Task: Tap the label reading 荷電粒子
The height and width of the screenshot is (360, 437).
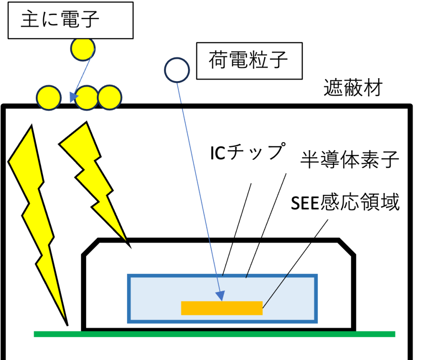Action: [x=248, y=61]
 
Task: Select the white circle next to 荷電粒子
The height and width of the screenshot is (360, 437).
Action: [x=177, y=70]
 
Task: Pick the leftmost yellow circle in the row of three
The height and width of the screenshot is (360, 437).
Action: [x=49, y=98]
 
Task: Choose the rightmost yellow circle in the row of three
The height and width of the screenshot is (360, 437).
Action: [x=110, y=98]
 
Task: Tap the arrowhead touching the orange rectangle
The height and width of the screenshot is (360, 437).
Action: [x=220, y=296]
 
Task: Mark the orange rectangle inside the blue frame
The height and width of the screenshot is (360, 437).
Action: [x=221, y=308]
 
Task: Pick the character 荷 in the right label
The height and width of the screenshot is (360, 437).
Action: [x=217, y=61]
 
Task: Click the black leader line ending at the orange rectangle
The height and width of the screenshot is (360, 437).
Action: [x=286, y=275]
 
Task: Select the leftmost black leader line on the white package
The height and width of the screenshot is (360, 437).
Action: [x=227, y=259]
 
